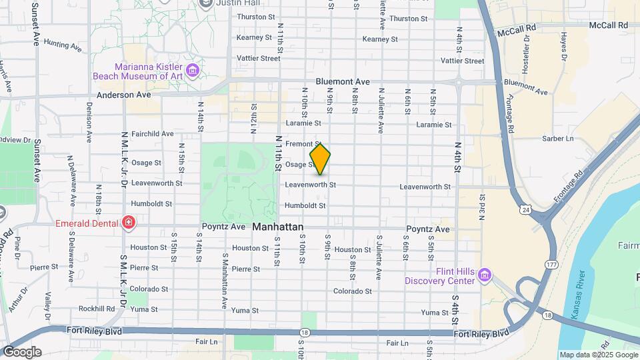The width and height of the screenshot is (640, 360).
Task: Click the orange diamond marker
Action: coord(321,158)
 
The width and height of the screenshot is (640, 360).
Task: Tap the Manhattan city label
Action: coord(277,227)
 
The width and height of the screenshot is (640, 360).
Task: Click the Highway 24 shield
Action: coord(526,211)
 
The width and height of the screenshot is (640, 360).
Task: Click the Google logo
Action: coord(22,352)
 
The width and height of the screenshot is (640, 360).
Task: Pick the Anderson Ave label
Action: coord(124,95)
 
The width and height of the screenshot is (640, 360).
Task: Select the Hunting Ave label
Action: coord(62,46)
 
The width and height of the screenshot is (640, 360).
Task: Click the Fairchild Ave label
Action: coord(153,133)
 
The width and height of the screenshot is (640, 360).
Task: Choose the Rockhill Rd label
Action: coord(97,309)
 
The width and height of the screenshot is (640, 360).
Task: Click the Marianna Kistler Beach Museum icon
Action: coord(193,70)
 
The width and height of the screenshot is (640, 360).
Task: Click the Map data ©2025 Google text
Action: coord(598,355)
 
